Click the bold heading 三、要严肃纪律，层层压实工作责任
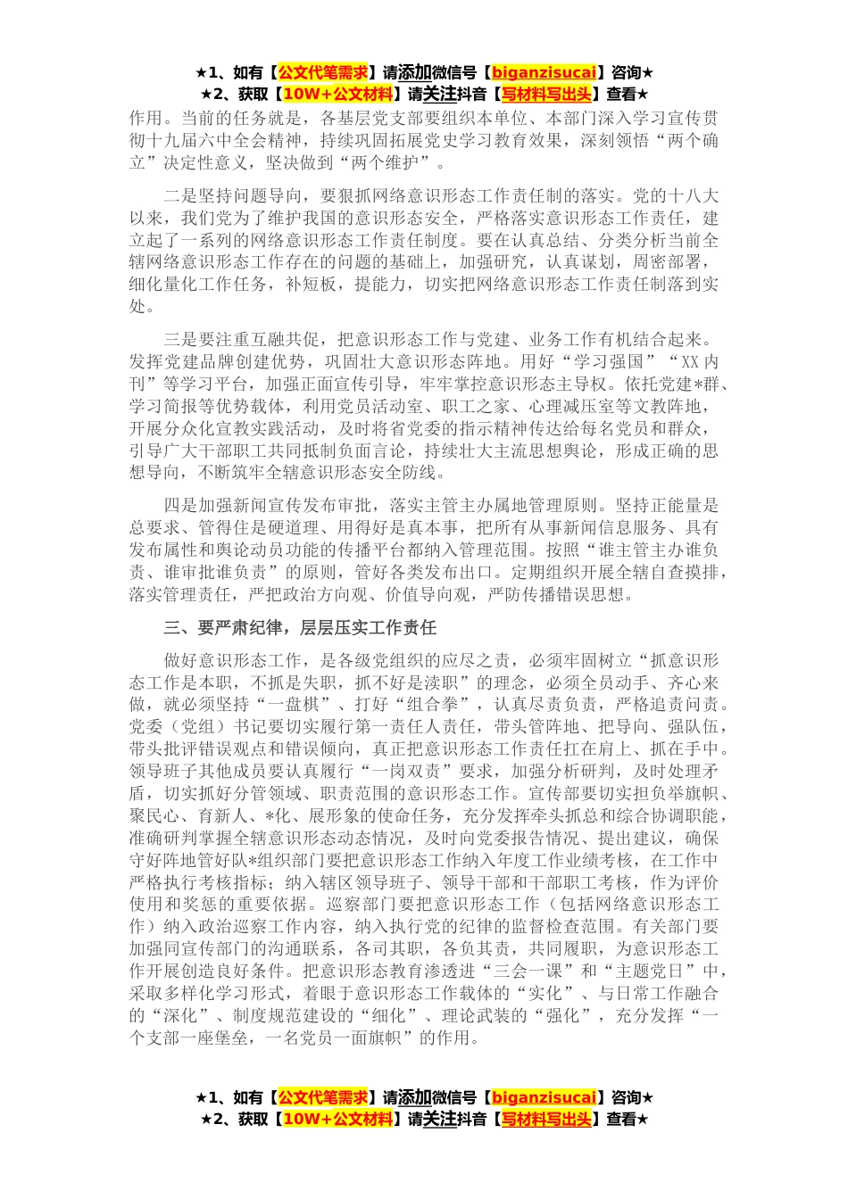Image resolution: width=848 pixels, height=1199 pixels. coord(300,628)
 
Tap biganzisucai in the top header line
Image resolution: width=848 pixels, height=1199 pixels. coord(544,72)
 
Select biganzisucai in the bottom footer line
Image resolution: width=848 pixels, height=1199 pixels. coord(544,1097)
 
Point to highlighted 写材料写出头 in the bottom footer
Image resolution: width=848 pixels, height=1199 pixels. coord(546,1119)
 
